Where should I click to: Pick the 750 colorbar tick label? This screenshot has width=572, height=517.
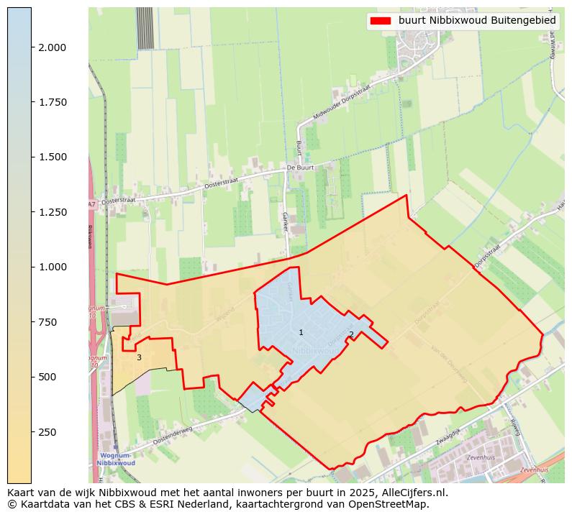(48, 322)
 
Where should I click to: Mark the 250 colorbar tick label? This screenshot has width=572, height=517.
(48, 432)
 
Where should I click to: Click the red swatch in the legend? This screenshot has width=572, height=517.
(380, 21)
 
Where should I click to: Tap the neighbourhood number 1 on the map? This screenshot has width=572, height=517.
(301, 332)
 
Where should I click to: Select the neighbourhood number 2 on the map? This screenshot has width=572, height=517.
(351, 334)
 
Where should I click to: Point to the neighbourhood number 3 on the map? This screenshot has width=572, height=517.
(139, 357)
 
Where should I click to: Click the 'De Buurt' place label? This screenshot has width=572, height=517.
(301, 168)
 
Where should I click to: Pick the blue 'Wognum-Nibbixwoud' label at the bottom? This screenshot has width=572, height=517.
(114, 459)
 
